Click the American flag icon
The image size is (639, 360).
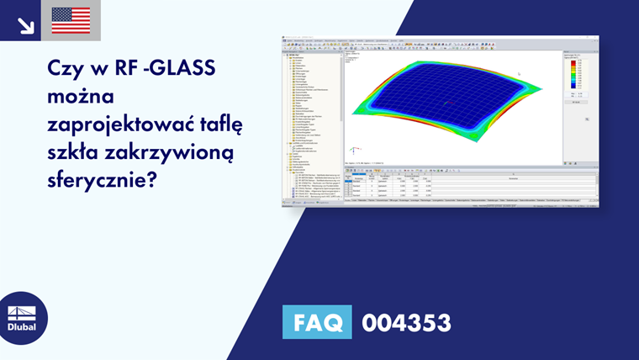[71, 20]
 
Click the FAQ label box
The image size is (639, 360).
[317, 322]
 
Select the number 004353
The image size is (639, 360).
[406, 322]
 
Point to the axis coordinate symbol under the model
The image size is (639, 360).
[356, 151]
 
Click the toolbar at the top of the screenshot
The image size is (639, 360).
[437, 45]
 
